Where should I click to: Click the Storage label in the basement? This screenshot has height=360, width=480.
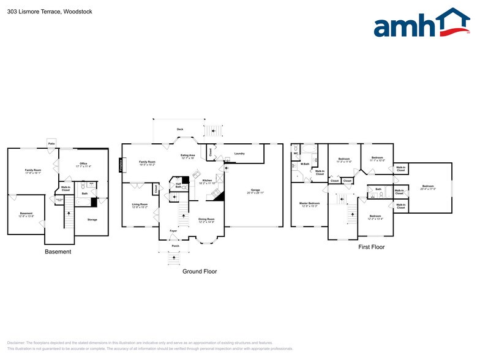click(92, 219)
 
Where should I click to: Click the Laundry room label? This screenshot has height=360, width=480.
click(239, 154)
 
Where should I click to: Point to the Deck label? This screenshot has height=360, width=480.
click(180, 130)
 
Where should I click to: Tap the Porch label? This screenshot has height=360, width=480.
click(175, 246)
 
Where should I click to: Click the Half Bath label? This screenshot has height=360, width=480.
click(178, 186)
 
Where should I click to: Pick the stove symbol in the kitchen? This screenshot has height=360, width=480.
click(216, 195)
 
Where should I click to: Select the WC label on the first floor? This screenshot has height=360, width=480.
click(296, 153)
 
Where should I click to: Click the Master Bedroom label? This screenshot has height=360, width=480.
click(309, 204)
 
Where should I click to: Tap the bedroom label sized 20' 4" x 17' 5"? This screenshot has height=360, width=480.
click(427, 187)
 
